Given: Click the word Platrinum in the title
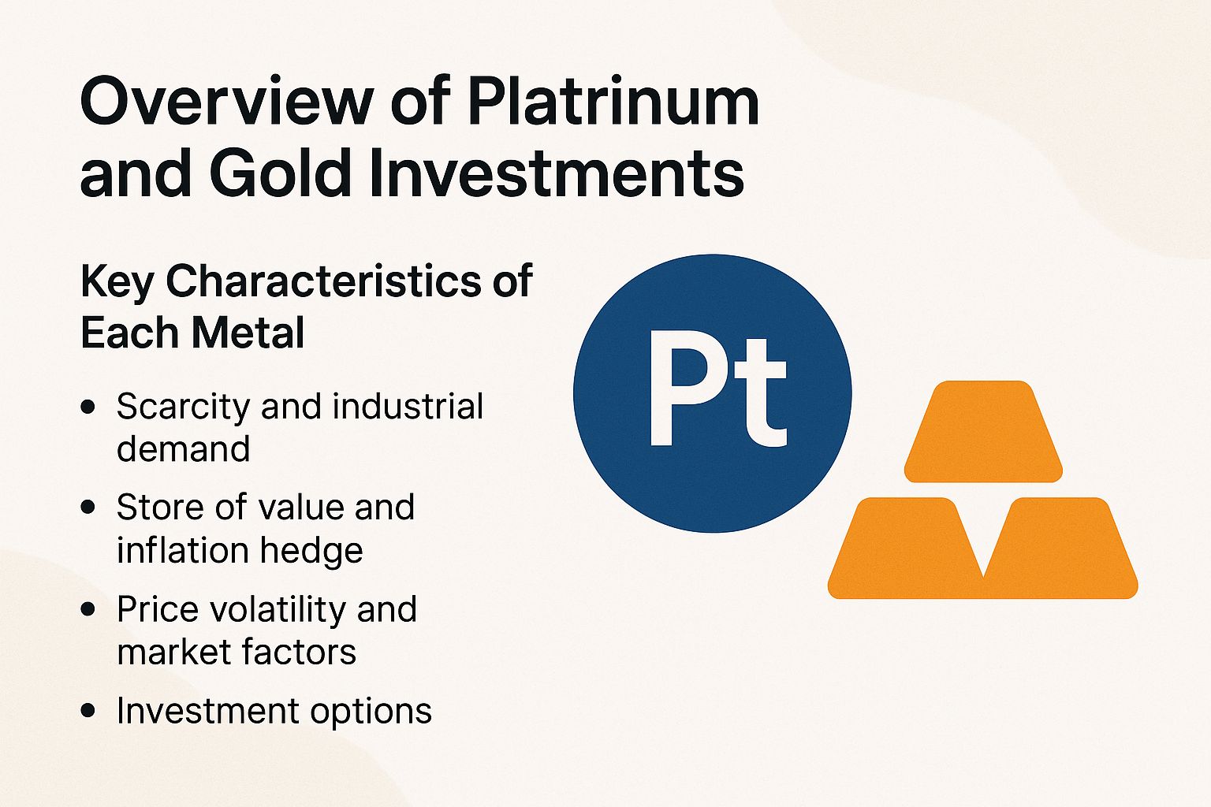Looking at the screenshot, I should (613, 103).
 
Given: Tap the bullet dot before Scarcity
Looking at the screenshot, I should (88, 407).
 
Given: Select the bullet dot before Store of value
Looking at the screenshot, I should (88, 508).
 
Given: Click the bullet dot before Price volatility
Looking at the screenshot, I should (88, 609).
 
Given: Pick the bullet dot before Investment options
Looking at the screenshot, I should (88, 710).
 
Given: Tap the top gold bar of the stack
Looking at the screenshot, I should (982, 432).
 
